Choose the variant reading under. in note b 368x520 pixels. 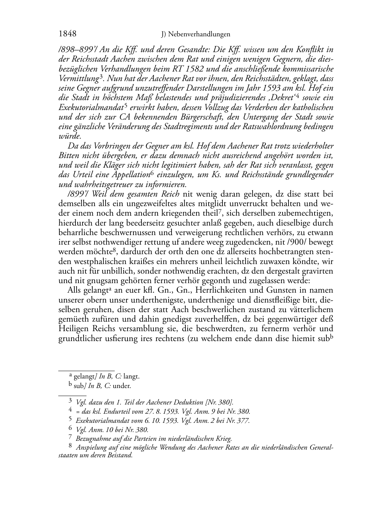tap(122, 386)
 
